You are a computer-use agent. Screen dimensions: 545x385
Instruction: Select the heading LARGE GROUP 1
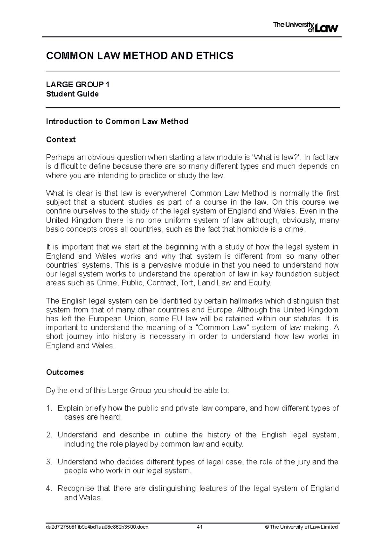(78, 85)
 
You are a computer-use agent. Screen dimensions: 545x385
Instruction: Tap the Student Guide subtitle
(72, 94)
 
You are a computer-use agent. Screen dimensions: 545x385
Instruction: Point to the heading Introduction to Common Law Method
(117, 121)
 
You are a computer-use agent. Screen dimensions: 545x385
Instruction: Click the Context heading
(61, 140)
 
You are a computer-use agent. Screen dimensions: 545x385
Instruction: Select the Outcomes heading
(65, 372)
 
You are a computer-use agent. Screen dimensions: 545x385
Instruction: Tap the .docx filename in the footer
(97, 527)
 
